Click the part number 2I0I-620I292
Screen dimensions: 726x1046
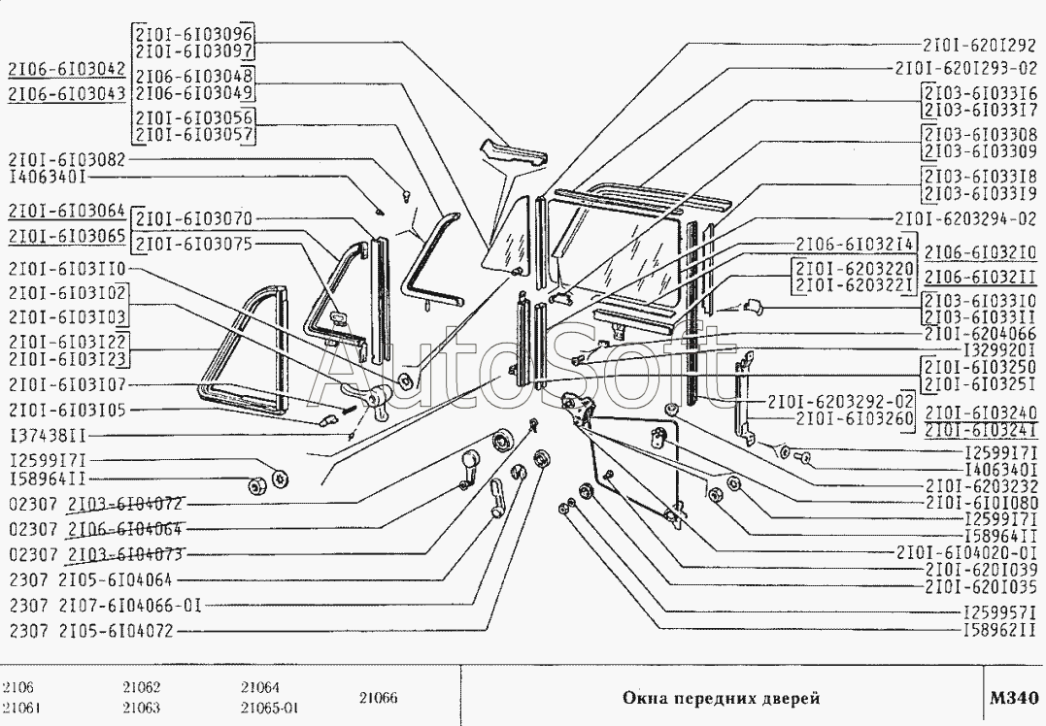(x=980, y=45)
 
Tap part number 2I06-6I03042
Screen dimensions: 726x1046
(x=65, y=70)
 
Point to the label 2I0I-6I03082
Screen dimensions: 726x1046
(x=65, y=158)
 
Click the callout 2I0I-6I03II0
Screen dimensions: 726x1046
(x=65, y=267)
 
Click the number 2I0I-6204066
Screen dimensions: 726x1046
(x=980, y=333)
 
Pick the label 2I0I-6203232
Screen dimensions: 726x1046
(x=981, y=485)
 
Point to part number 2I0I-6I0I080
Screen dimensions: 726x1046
(x=981, y=503)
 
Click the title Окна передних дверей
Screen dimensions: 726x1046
(x=720, y=698)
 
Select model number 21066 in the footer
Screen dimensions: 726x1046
(x=378, y=698)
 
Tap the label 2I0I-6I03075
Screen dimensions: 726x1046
(x=194, y=244)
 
